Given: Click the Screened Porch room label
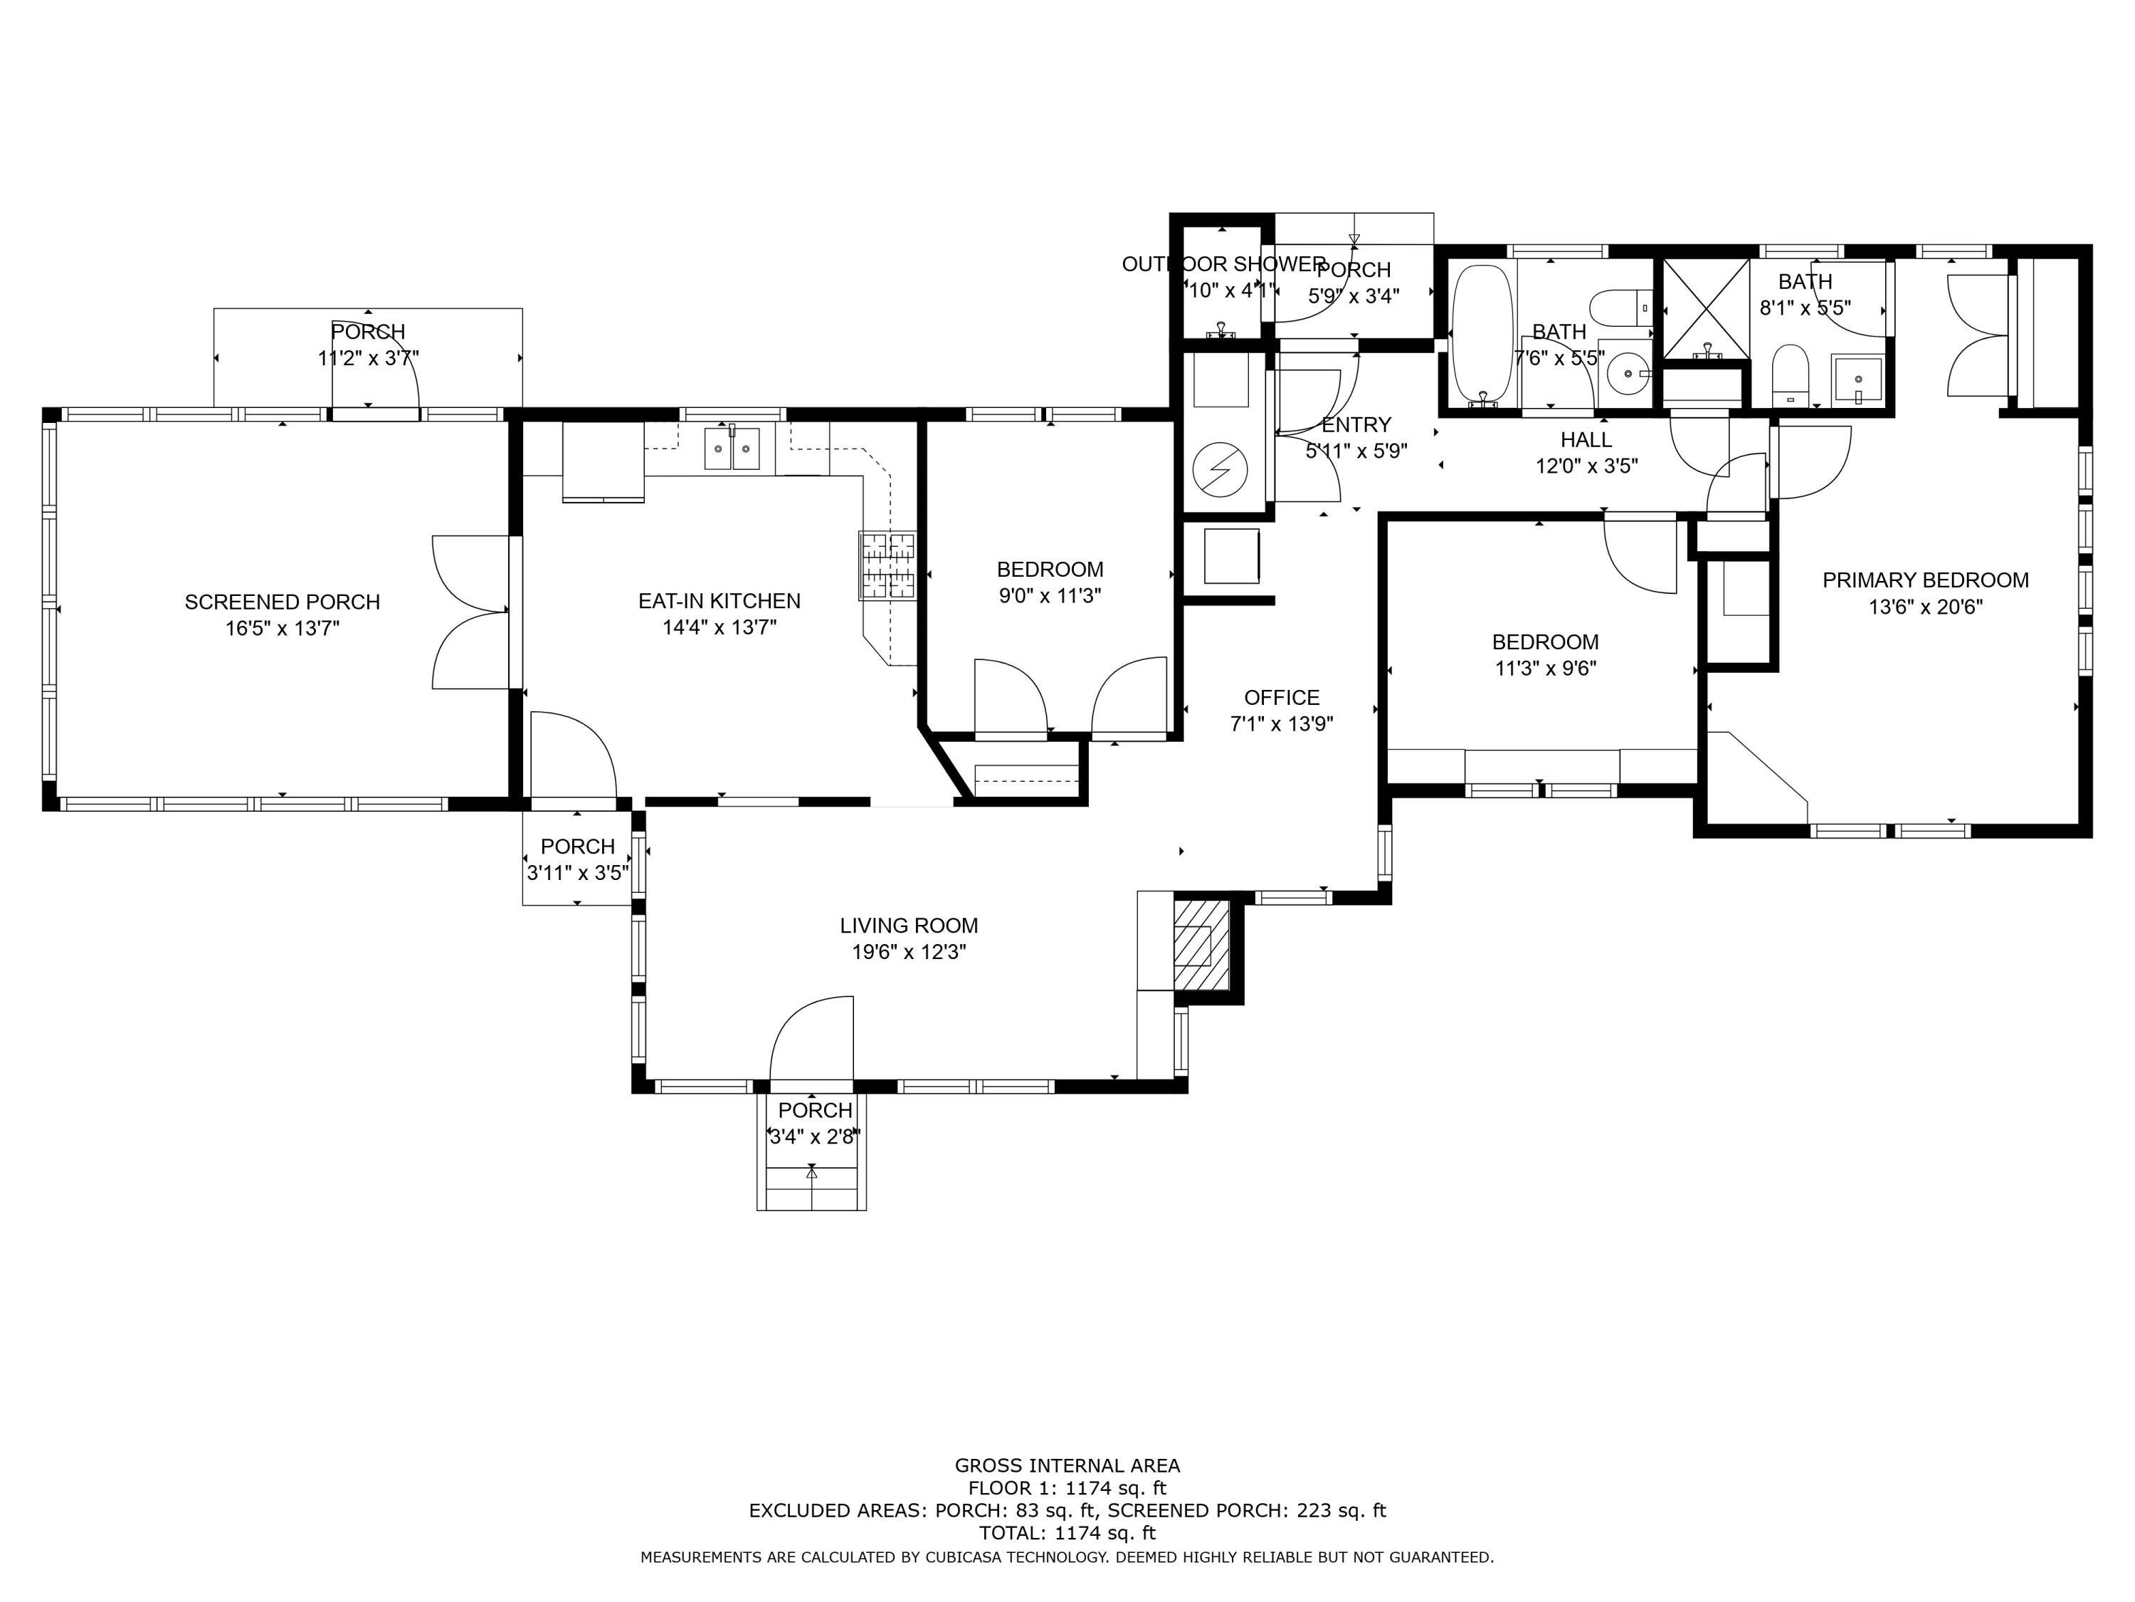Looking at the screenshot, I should [282, 602].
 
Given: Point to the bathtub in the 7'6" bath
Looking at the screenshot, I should [1482, 333].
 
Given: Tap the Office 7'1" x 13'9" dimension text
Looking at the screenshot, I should [1281, 724].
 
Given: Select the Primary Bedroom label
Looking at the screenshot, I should [1924, 580].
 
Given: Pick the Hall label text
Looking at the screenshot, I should [1586, 440].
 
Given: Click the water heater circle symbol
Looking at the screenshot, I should [1220, 470].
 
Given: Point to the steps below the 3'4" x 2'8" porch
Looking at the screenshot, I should [811, 1188].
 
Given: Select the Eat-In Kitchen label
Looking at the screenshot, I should [719, 601].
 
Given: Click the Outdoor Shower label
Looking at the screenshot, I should [1223, 263].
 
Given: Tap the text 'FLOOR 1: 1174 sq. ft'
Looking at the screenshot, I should [1067, 1488].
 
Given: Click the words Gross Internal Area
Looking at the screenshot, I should [1067, 1466].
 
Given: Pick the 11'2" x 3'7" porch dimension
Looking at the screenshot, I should [368, 358].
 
